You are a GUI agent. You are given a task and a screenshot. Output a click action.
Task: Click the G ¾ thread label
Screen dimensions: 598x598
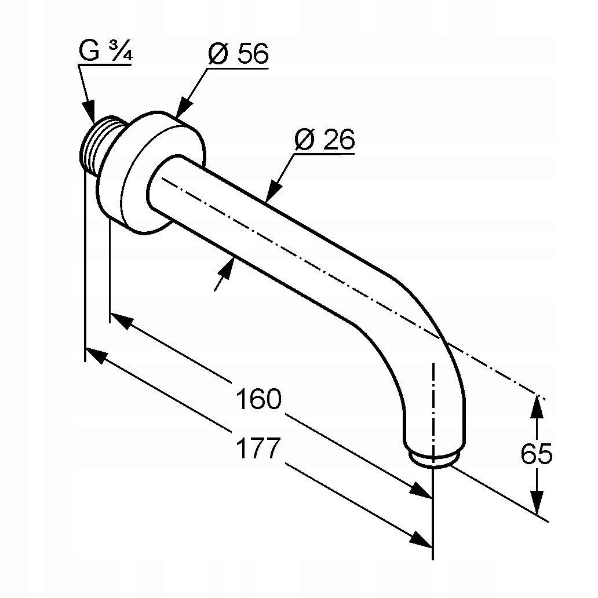point(105,51)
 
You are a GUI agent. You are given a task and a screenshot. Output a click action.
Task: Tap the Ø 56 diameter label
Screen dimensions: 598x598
point(238,54)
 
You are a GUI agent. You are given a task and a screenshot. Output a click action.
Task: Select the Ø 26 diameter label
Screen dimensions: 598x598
point(324,139)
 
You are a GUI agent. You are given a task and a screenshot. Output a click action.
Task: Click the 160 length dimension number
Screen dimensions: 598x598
point(258,399)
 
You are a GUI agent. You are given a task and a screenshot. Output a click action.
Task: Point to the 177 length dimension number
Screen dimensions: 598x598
point(258,448)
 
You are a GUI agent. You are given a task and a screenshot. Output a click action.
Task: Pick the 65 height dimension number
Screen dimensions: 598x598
point(536,454)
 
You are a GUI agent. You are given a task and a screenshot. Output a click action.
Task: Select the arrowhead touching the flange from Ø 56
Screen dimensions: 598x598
point(184,107)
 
